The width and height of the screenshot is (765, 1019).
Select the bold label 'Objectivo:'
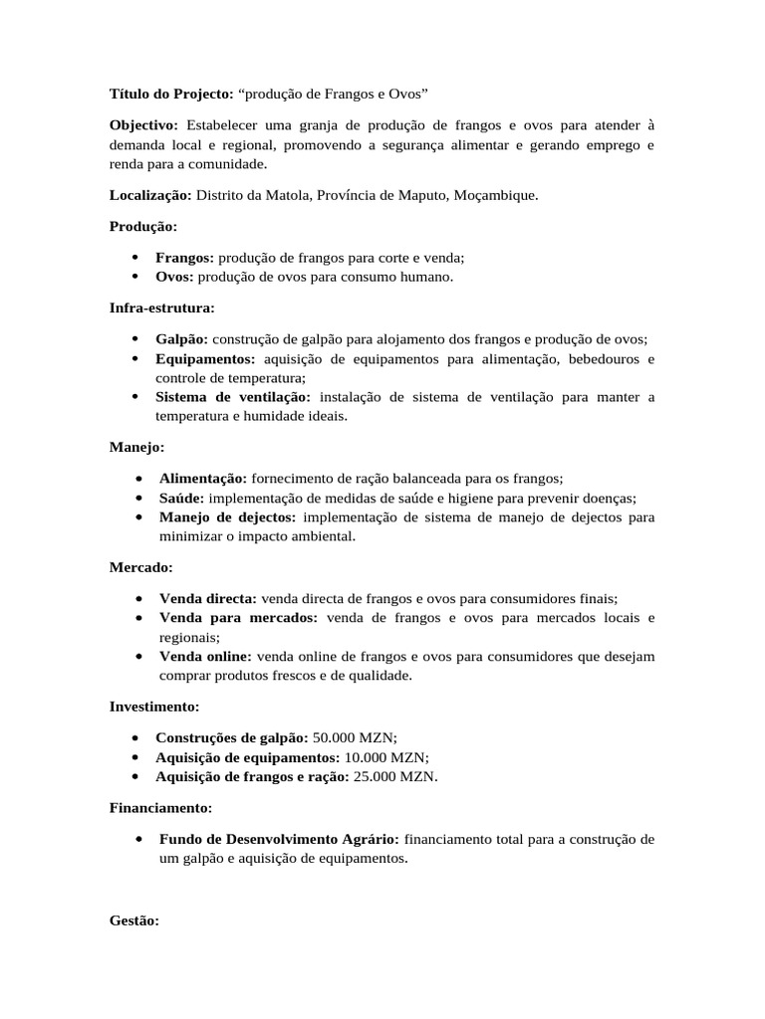pos(143,125)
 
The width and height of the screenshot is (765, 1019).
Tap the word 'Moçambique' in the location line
pos(495,195)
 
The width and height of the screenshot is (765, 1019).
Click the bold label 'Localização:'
pos(150,195)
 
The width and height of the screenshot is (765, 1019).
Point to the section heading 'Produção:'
pos(143,227)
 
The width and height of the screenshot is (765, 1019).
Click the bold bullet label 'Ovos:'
pos(174,277)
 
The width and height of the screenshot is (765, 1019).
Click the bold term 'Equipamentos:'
pos(205,358)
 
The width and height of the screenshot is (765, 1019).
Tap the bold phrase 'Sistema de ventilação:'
pos(233,397)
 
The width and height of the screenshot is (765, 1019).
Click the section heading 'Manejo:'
pos(137,447)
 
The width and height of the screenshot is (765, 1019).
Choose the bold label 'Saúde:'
pos(181,498)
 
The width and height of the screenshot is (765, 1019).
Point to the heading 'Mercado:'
pos(140,567)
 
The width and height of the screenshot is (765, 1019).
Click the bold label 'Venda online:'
pos(206,656)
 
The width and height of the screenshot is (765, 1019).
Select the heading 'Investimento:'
pos(154,707)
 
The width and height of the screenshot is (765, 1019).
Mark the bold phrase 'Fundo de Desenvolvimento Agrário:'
pos(280,838)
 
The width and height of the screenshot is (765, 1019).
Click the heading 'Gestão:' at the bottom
pos(134,921)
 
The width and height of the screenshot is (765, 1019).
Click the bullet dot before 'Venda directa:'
pos(134,599)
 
